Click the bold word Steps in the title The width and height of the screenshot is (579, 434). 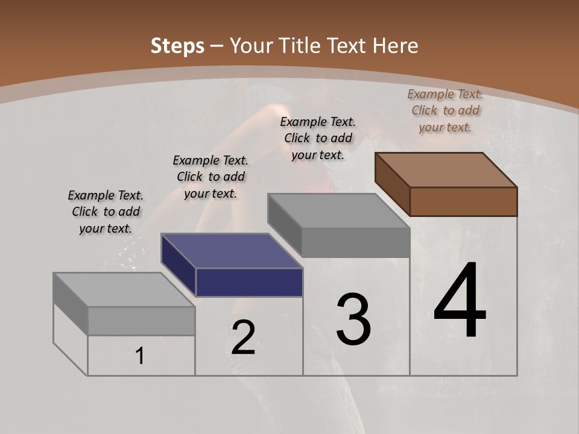177,46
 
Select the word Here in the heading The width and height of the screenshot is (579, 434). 396,46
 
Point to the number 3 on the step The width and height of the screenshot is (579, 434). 353,319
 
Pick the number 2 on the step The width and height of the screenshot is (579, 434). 243,338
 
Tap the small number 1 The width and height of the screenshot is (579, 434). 140,356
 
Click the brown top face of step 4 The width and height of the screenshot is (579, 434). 446,170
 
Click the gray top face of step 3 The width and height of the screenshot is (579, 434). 338,211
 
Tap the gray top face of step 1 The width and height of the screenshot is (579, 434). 124,290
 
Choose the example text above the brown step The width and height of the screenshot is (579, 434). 445,110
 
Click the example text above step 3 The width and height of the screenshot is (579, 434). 318,138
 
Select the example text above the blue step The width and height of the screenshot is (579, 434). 210,177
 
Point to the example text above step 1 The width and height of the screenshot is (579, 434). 106,212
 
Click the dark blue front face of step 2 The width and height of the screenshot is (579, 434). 249,282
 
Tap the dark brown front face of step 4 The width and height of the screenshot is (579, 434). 463,201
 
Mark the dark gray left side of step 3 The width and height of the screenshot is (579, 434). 284,224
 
